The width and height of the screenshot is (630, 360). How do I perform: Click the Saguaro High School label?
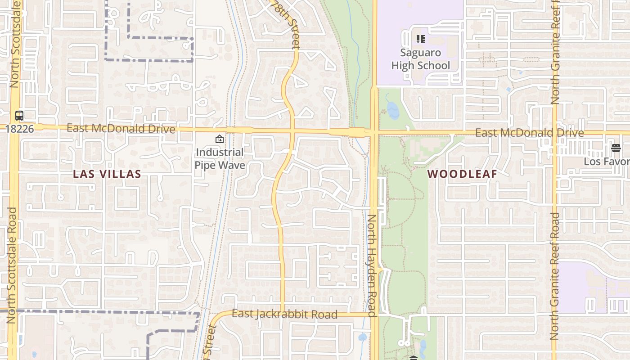click(420, 59)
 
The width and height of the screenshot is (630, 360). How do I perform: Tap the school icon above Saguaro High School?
click(421, 39)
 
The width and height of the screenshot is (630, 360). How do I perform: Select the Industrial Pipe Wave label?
click(220, 158)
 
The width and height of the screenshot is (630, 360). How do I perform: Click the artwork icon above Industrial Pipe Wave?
click(220, 139)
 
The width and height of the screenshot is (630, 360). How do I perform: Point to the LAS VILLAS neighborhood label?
click(107, 174)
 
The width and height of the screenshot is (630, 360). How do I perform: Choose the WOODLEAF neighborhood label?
click(462, 174)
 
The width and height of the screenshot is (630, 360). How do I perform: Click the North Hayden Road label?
click(372, 265)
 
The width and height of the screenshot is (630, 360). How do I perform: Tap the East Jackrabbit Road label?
click(284, 314)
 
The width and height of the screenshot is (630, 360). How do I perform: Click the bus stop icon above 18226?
click(19, 115)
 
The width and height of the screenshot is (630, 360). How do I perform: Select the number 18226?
click(19, 129)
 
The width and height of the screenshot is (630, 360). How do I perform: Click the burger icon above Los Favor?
click(616, 148)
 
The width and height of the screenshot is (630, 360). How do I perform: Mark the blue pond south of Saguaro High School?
click(392, 110)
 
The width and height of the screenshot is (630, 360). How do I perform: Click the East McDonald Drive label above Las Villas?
click(121, 129)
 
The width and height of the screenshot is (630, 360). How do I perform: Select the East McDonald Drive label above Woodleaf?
click(529, 133)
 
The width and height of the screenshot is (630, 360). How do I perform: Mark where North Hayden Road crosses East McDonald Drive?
click(374, 132)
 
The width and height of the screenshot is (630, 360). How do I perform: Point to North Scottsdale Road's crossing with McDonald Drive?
click(13, 128)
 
